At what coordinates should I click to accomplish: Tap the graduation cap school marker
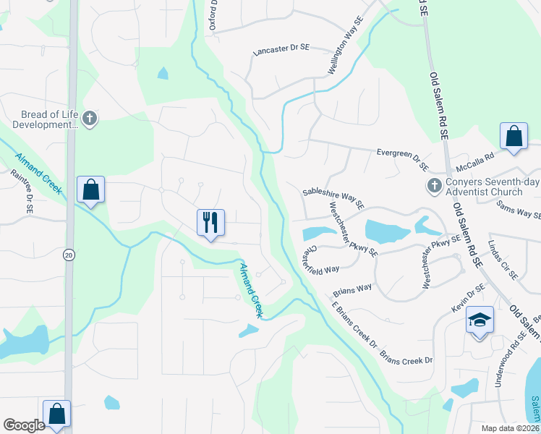[480, 319]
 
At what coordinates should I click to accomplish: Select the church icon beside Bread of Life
[90, 119]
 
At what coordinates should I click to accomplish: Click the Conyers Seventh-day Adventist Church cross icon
[434, 186]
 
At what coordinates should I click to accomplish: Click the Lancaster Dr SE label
[281, 51]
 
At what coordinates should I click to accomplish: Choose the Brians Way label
[352, 291]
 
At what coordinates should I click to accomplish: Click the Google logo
[24, 425]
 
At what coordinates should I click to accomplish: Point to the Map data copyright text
[509, 428]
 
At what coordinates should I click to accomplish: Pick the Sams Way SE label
[518, 209]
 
